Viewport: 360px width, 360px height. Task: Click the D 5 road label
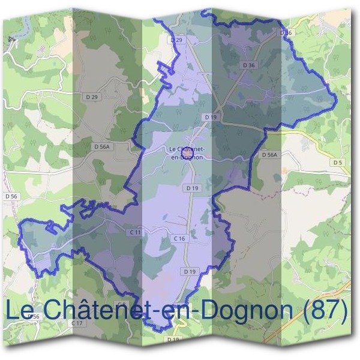coord(337,162)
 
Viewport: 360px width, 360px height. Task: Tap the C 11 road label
coord(134,232)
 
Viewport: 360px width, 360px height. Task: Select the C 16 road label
coord(179,239)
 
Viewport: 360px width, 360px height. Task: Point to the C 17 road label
coord(77,323)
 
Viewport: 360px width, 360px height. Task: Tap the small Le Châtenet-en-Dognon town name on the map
coord(188,152)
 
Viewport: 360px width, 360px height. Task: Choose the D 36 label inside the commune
coord(249,64)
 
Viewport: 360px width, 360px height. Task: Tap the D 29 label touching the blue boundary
coord(176,40)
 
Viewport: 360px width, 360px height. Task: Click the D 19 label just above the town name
coord(210,117)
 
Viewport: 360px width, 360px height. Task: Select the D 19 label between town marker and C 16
coord(192,188)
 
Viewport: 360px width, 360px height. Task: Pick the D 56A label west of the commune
coord(103,146)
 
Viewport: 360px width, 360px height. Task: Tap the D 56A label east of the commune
coord(270,154)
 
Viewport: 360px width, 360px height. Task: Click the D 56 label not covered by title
coord(11,196)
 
